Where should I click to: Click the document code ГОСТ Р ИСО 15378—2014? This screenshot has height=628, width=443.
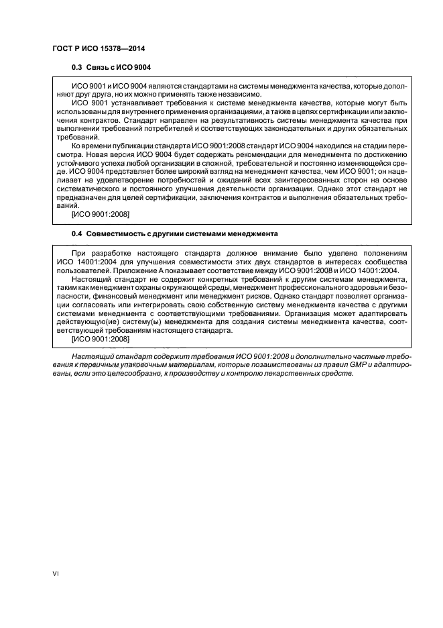(x=99, y=49)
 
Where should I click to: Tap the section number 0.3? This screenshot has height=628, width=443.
(x=76, y=68)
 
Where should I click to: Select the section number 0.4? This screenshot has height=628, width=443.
(x=76, y=233)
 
